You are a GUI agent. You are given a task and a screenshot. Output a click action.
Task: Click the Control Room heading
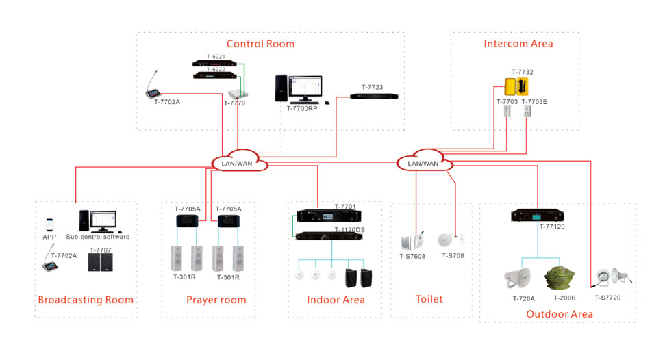pyautogui.click(x=260, y=44)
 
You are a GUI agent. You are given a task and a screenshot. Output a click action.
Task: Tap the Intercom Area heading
pyautogui.click(x=518, y=44)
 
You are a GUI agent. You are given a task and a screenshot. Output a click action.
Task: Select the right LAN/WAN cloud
pyautogui.click(x=423, y=163)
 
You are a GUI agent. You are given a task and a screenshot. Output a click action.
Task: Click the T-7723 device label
pyautogui.click(x=371, y=87)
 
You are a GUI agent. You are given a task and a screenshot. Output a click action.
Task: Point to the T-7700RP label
pyautogui.click(x=302, y=108)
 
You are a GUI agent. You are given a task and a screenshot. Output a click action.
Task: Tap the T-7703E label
pyautogui.click(x=534, y=102)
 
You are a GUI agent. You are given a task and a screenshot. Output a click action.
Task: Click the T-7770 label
pyautogui.click(x=234, y=103)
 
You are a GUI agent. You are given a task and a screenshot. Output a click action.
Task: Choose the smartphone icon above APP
pyautogui.click(x=49, y=225)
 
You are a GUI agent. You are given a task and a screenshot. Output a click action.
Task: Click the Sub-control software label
pyautogui.click(x=98, y=237)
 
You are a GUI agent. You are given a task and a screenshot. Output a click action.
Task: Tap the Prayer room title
pyautogui.click(x=216, y=300)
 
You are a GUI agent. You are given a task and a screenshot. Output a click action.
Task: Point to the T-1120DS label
pyautogui.click(x=349, y=230)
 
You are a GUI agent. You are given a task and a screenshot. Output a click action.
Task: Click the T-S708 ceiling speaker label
pyautogui.click(x=453, y=256)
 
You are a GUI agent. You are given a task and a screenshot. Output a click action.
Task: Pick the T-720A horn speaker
pyautogui.click(x=518, y=277)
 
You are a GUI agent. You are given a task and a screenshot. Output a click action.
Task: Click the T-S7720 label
pyautogui.click(x=607, y=298)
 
